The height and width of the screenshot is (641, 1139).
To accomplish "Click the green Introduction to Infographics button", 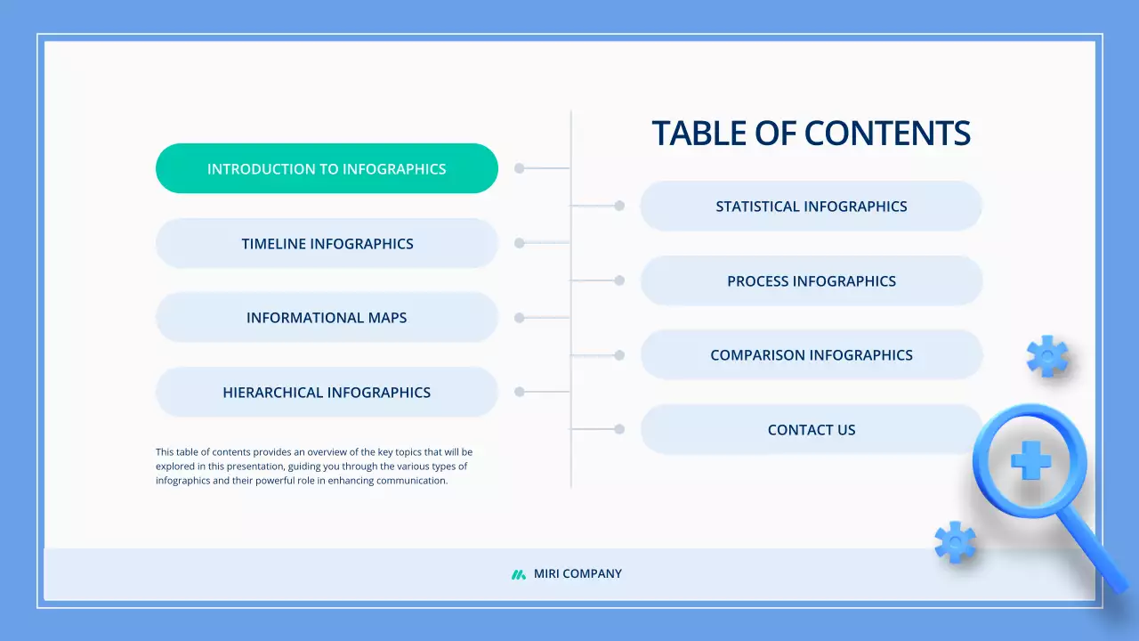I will [x=327, y=168].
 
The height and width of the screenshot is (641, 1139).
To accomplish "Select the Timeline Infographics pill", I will [x=327, y=243].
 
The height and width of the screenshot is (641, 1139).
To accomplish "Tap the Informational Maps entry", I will [x=327, y=318].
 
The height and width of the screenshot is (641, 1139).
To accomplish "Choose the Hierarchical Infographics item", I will [x=327, y=392].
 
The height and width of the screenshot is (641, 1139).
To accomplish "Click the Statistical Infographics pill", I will [x=811, y=207].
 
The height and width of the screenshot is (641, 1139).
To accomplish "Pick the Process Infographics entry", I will [x=811, y=280].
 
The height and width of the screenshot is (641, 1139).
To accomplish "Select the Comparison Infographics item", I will [x=811, y=355].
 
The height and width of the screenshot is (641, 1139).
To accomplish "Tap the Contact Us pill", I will [x=811, y=429].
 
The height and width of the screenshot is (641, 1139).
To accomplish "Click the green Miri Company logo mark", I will [x=519, y=574].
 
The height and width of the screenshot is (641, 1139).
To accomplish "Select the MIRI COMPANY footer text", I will [x=578, y=574].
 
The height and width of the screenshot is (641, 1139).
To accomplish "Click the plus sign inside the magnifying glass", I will [x=1030, y=460].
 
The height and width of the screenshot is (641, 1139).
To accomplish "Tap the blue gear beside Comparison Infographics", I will [x=1047, y=356].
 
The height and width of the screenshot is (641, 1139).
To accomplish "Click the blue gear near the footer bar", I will [x=955, y=542].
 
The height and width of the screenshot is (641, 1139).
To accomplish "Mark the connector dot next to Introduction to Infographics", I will [x=520, y=168].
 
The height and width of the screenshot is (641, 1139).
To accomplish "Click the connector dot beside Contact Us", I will [x=619, y=429].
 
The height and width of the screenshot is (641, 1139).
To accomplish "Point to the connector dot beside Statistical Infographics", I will [x=619, y=206].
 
